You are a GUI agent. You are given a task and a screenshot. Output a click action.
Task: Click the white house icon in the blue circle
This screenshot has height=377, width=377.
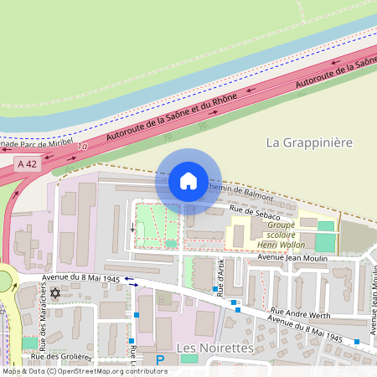point(188,180)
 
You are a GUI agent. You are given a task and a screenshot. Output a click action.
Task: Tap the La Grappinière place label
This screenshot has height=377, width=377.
point(309,142)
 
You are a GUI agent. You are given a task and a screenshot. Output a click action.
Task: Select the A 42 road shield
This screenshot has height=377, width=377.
point(28,164)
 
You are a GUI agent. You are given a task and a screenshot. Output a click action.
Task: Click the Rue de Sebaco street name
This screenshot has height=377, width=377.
point(255,215)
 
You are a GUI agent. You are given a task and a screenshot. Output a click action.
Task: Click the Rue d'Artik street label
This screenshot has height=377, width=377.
point(221,279)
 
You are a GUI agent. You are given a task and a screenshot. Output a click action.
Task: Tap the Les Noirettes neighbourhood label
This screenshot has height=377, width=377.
point(215,347)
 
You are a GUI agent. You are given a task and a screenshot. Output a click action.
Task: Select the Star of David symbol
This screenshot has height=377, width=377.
point(56,293)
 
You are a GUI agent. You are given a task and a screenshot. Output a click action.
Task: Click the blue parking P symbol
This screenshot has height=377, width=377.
point(160,360)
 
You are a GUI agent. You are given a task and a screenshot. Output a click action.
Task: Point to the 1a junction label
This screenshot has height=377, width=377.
point(82,147)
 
